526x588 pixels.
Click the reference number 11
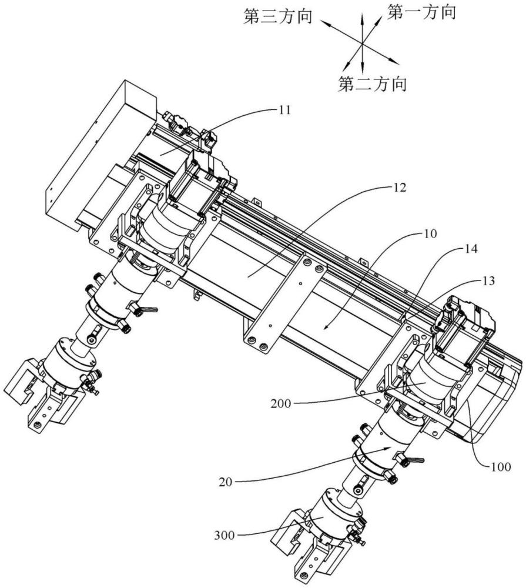(x=284, y=110)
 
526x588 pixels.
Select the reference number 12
(x=400, y=187)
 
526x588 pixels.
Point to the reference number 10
(x=430, y=233)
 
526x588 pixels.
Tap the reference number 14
(x=471, y=249)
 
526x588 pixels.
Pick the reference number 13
(x=488, y=280)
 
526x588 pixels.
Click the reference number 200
(x=281, y=404)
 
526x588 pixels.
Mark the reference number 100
(x=501, y=467)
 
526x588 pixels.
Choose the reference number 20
(x=226, y=482)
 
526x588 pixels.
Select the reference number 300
(x=225, y=536)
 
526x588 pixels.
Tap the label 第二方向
(x=372, y=83)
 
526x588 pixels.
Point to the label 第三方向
(x=278, y=17)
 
